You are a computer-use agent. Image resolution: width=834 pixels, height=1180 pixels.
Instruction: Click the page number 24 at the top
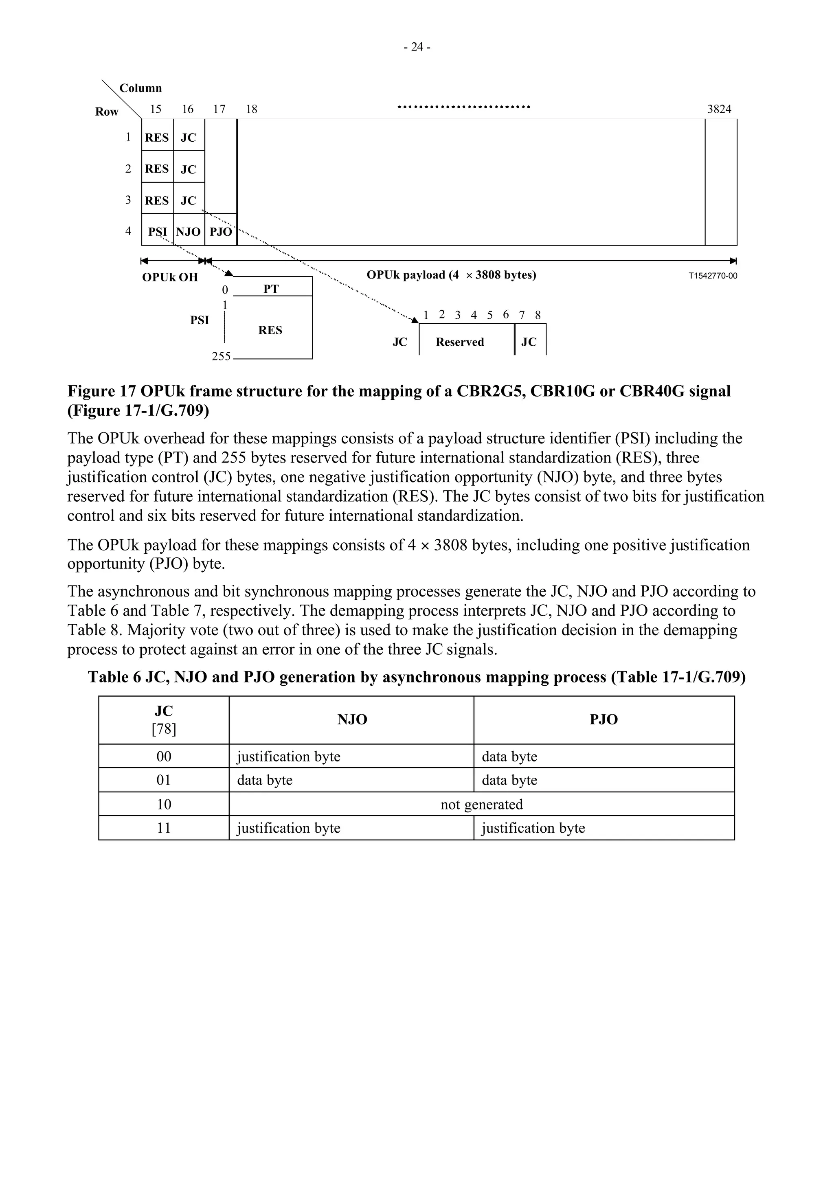point(417,47)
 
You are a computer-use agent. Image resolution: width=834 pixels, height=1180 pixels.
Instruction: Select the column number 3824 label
point(719,109)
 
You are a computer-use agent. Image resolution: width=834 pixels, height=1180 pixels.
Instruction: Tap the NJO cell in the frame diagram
point(189,232)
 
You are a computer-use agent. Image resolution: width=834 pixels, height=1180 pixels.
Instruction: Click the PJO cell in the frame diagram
point(221,232)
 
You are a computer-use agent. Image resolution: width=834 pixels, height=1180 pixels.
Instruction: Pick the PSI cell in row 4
point(157,232)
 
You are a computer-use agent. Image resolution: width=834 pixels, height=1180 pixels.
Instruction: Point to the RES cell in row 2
point(157,169)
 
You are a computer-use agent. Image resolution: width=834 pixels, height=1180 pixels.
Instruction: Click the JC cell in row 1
point(189,138)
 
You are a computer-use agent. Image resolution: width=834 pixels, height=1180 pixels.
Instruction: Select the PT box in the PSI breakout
point(271,289)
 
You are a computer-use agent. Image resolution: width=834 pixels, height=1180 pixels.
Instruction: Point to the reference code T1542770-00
point(712,276)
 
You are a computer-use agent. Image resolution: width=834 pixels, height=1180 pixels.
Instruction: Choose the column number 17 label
point(219,109)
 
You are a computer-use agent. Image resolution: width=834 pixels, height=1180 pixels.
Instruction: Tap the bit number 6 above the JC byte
point(506,314)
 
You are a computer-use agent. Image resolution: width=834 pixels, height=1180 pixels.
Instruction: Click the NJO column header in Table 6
point(352,719)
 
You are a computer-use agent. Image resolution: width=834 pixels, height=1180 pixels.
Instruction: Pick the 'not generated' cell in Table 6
point(481,804)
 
